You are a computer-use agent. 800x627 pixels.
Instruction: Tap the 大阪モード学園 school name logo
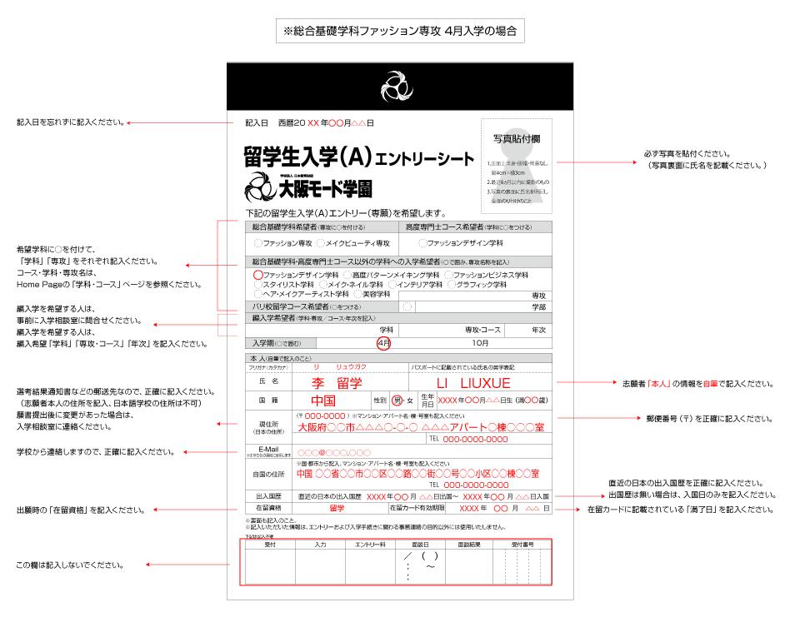pyautogui.click(x=308, y=188)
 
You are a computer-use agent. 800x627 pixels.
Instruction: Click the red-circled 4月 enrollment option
pyautogui.click(x=383, y=342)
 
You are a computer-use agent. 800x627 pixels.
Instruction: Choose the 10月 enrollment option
pyautogui.click(x=480, y=342)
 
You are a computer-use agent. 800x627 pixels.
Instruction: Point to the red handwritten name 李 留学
pyautogui.click(x=337, y=383)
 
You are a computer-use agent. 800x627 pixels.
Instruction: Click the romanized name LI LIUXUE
pyautogui.click(x=473, y=383)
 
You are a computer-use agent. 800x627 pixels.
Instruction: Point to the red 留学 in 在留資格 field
pyautogui.click(x=337, y=507)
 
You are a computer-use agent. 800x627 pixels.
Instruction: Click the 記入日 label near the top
pyautogui.click(x=257, y=123)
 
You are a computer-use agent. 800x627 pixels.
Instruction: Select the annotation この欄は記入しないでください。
pyautogui.click(x=70, y=565)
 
